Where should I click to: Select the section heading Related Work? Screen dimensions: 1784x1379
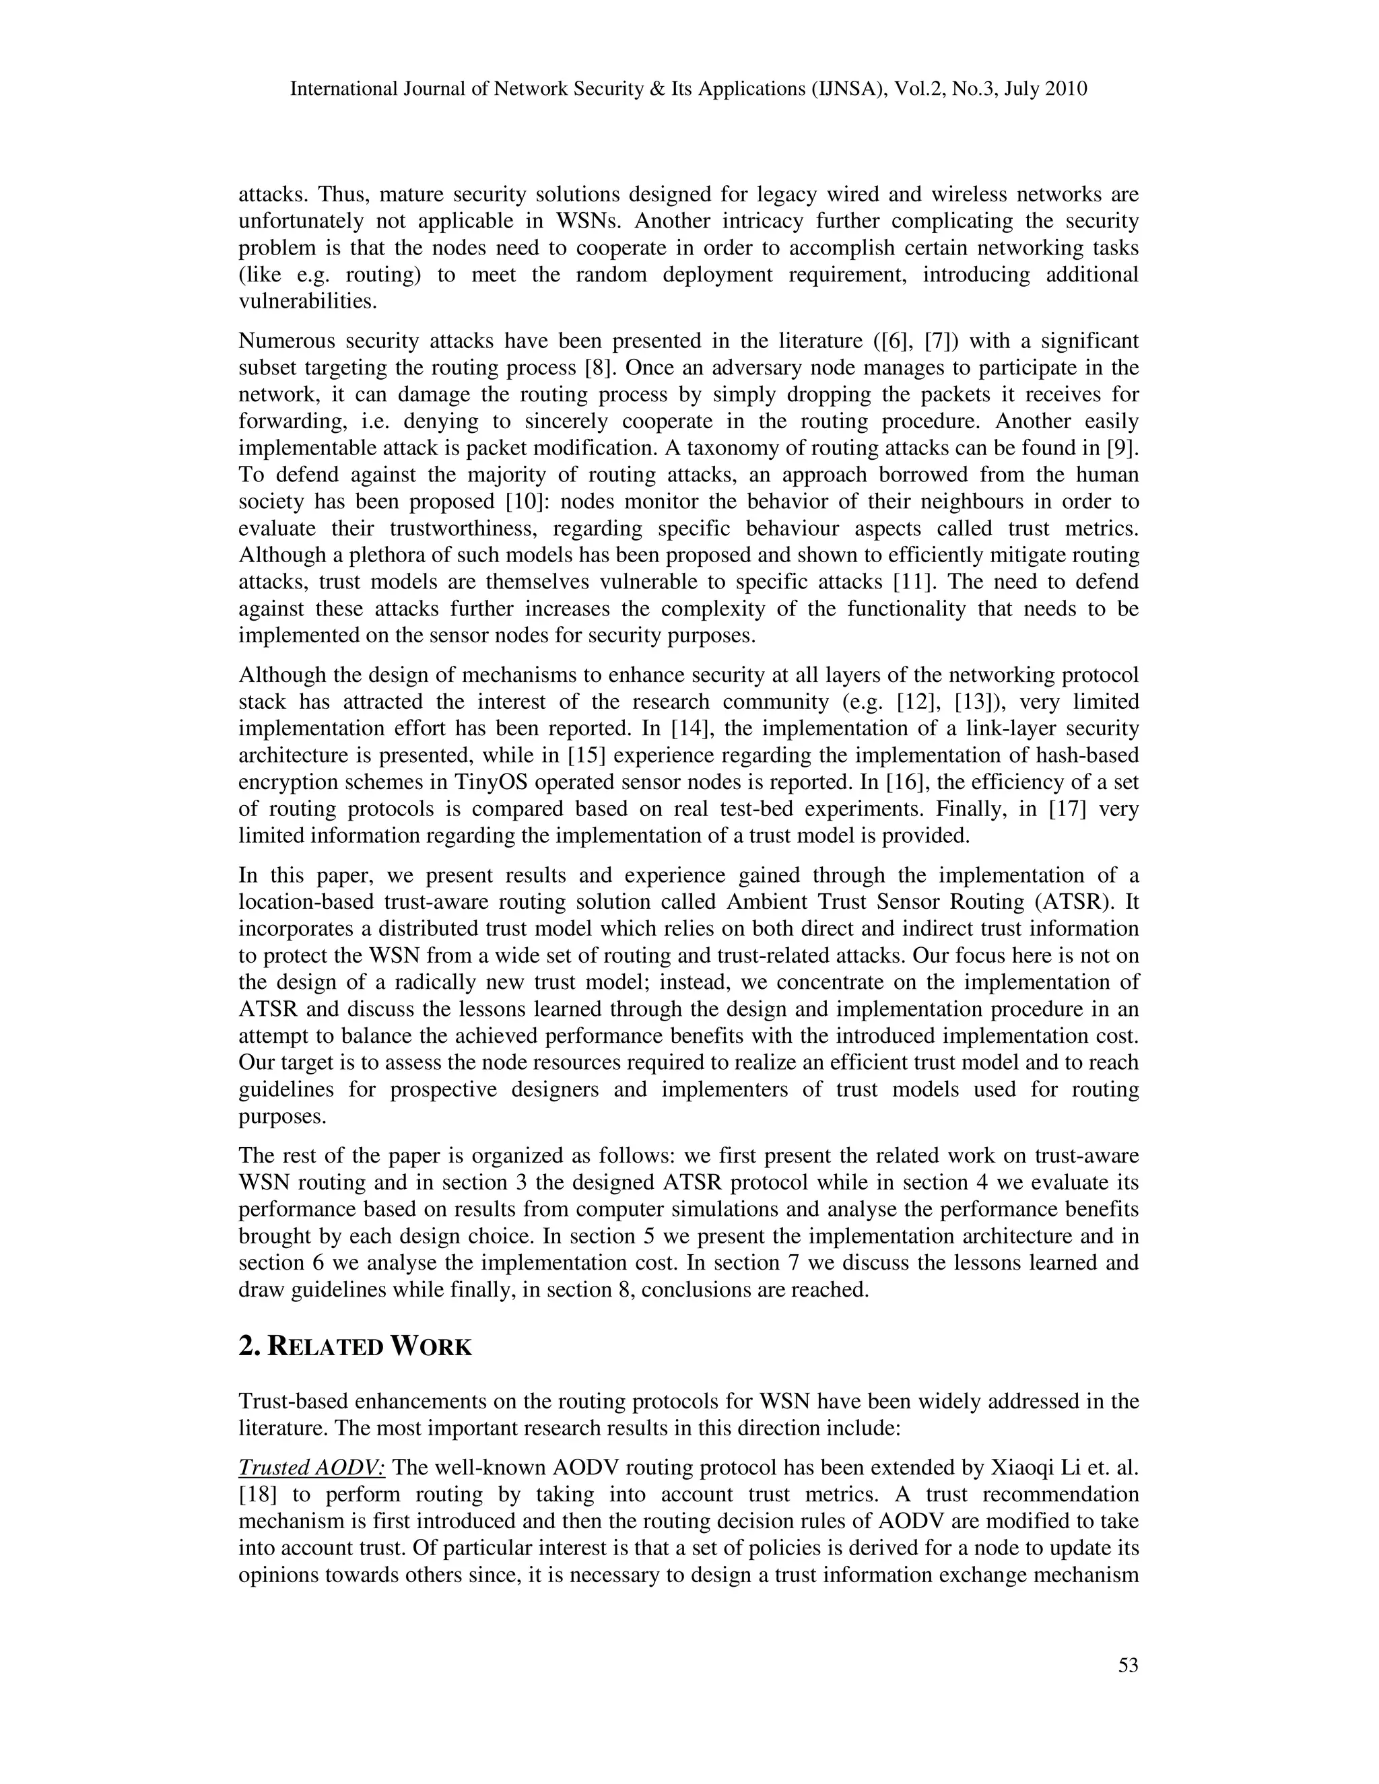pyautogui.click(x=355, y=1347)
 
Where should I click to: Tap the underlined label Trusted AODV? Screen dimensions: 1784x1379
pyautogui.click(x=311, y=1468)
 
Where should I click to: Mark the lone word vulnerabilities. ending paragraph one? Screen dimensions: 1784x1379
pyautogui.click(x=308, y=302)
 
